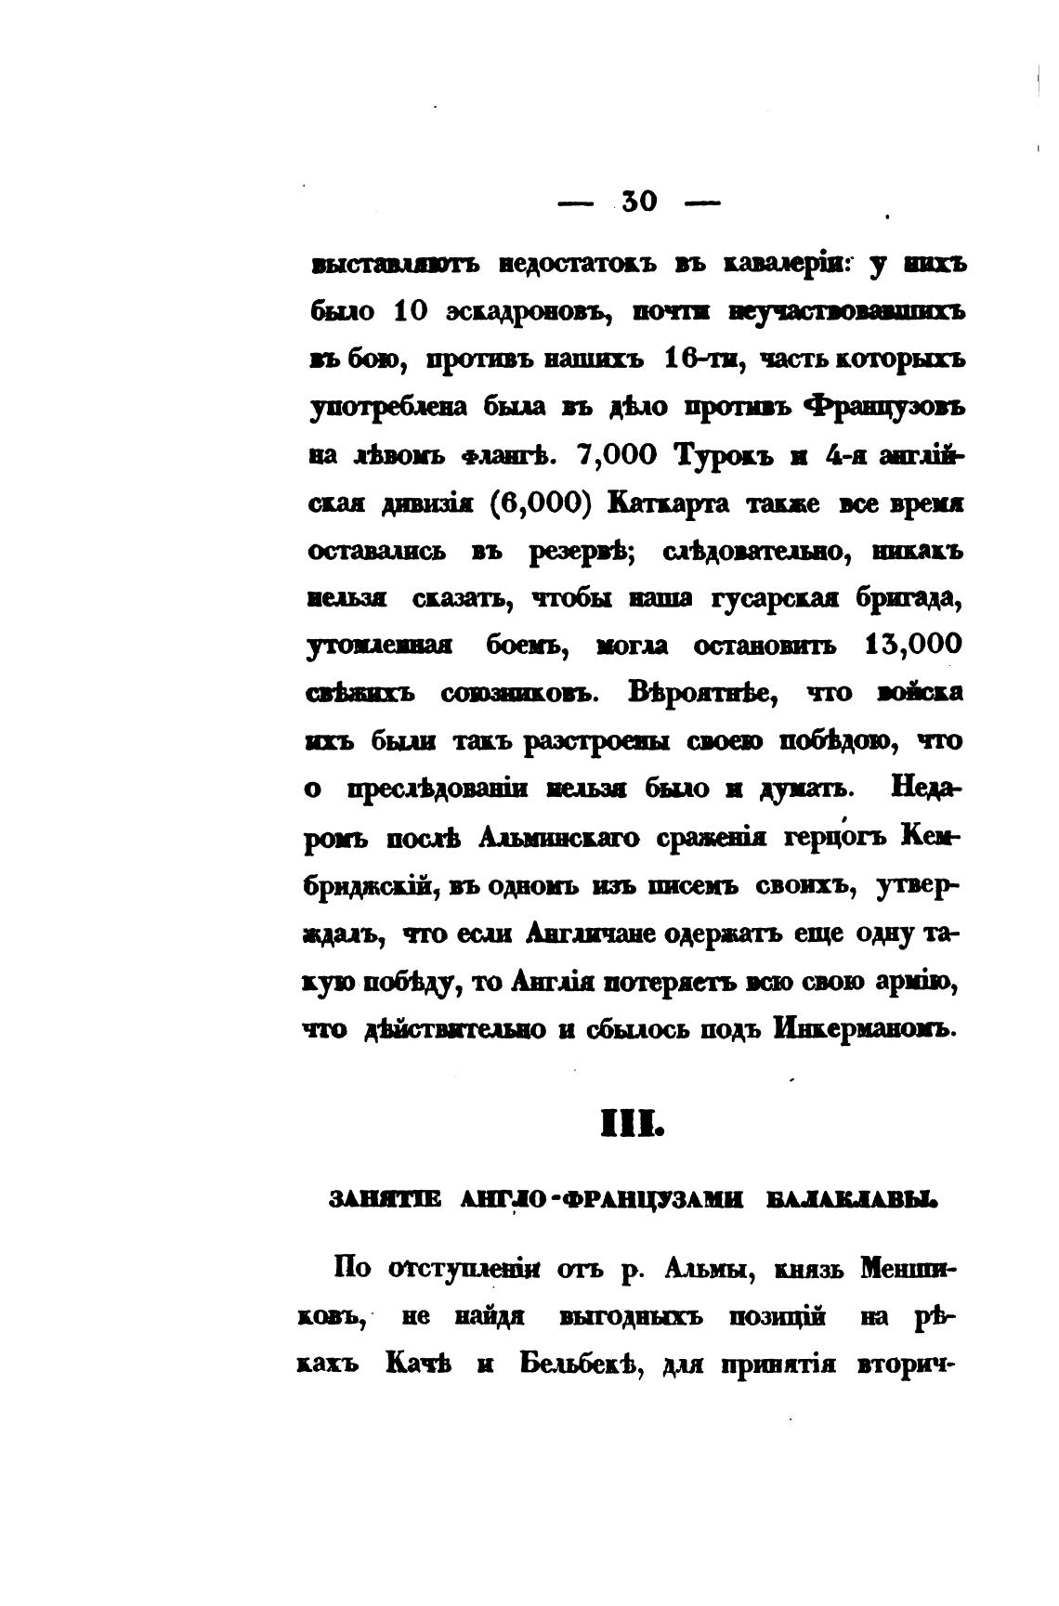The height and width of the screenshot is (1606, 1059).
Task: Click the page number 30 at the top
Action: tap(639, 201)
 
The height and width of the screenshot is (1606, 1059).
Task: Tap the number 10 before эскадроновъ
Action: tap(411, 312)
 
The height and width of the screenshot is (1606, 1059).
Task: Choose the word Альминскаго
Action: tap(558, 838)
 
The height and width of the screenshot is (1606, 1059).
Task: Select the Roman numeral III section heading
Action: tap(633, 1126)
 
